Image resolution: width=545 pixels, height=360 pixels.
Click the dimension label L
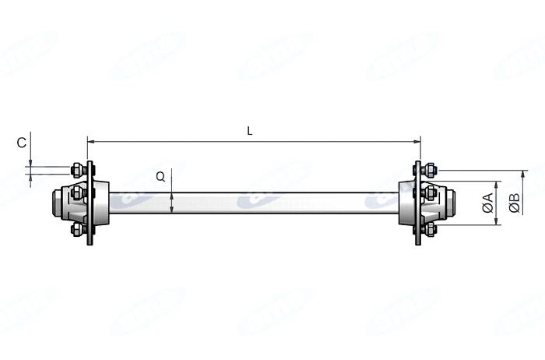[250, 131]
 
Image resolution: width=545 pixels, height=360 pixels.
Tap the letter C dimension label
[22, 143]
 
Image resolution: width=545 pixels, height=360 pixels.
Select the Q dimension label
[160, 177]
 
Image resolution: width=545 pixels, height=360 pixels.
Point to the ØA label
[488, 203]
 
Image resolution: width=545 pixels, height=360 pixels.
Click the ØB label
[515, 203]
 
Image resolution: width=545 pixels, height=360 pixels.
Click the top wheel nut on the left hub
[78, 170]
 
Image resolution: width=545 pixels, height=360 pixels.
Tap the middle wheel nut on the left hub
[78, 192]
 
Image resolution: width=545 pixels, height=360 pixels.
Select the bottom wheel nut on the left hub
[78, 229]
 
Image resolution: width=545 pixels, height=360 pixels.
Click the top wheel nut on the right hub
[429, 170]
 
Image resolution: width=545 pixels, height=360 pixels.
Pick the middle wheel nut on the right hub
[430, 192]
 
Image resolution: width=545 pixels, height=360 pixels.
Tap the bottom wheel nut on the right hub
[429, 229]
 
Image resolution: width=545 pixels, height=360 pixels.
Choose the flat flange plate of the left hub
[90, 203]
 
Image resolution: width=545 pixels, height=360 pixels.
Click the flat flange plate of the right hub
[417, 203]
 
